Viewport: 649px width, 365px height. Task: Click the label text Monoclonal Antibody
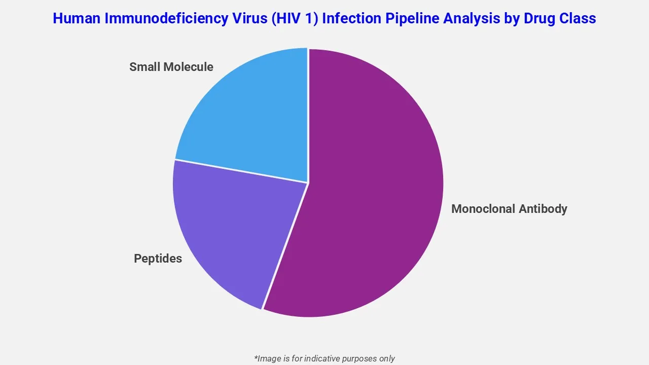(509, 209)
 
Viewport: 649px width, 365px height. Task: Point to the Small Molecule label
(171, 67)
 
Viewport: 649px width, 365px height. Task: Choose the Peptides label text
(158, 259)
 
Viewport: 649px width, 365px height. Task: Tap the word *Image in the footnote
(267, 358)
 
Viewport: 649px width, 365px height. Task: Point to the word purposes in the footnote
(358, 358)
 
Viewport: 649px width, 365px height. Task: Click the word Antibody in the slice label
(544, 209)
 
